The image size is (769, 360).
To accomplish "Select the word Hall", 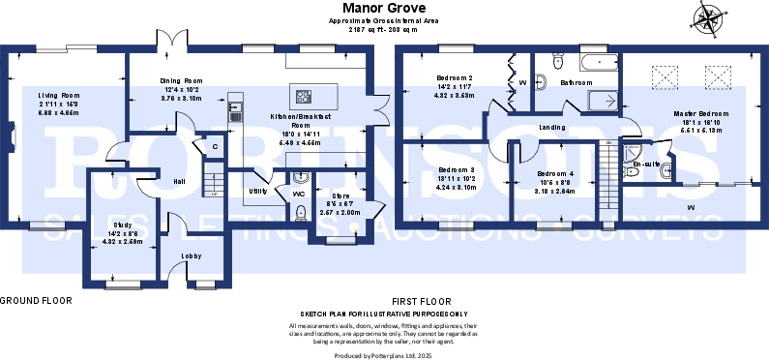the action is click(x=179, y=181).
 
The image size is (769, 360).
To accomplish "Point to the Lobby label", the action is click(x=191, y=256).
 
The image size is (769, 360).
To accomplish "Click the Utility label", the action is click(x=257, y=191).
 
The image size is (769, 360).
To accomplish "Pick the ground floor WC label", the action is click(x=299, y=194).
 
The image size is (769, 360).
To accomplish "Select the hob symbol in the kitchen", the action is click(x=304, y=96).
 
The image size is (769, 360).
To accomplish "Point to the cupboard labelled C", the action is click(x=215, y=147).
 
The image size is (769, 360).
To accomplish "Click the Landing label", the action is click(x=552, y=127).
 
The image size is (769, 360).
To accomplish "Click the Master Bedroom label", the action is click(x=700, y=114).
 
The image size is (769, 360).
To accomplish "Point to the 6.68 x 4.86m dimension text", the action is click(x=58, y=112).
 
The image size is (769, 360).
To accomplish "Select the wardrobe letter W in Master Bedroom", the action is click(x=691, y=208).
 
